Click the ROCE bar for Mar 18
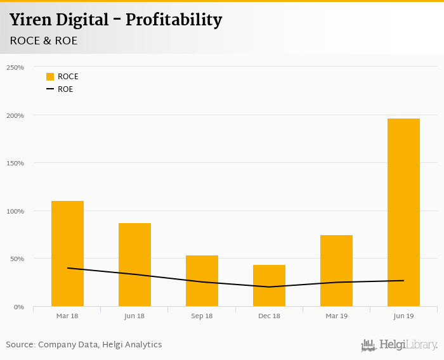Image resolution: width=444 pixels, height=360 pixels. point(67,254)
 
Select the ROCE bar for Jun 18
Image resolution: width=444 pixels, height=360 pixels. point(134,264)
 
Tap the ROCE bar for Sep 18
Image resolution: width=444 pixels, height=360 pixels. point(202,281)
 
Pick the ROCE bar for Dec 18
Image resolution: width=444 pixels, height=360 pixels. point(269,286)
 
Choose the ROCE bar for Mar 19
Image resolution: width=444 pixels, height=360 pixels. point(336,271)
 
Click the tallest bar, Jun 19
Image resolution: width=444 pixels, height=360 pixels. point(403,212)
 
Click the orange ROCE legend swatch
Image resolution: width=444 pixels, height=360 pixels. point(50,77)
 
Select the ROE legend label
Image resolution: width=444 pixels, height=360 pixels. point(65,89)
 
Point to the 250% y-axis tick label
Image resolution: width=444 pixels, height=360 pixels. point(15,67)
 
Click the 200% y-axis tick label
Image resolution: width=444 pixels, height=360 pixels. point(15,115)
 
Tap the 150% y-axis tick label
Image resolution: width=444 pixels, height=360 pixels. point(15,163)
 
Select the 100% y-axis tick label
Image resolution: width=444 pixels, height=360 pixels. point(15,211)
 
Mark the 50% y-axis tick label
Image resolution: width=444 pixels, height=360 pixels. point(16,259)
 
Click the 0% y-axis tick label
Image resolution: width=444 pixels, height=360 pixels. point(18,307)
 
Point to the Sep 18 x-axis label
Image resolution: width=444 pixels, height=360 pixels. point(202,316)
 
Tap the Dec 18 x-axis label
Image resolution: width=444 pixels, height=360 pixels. point(269,316)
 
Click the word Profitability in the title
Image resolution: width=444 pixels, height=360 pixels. point(174,20)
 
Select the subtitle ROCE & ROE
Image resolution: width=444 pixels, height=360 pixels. point(44,41)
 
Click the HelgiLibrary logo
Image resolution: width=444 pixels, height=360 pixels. point(399,345)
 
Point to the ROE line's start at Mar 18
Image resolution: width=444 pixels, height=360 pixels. point(67,268)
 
